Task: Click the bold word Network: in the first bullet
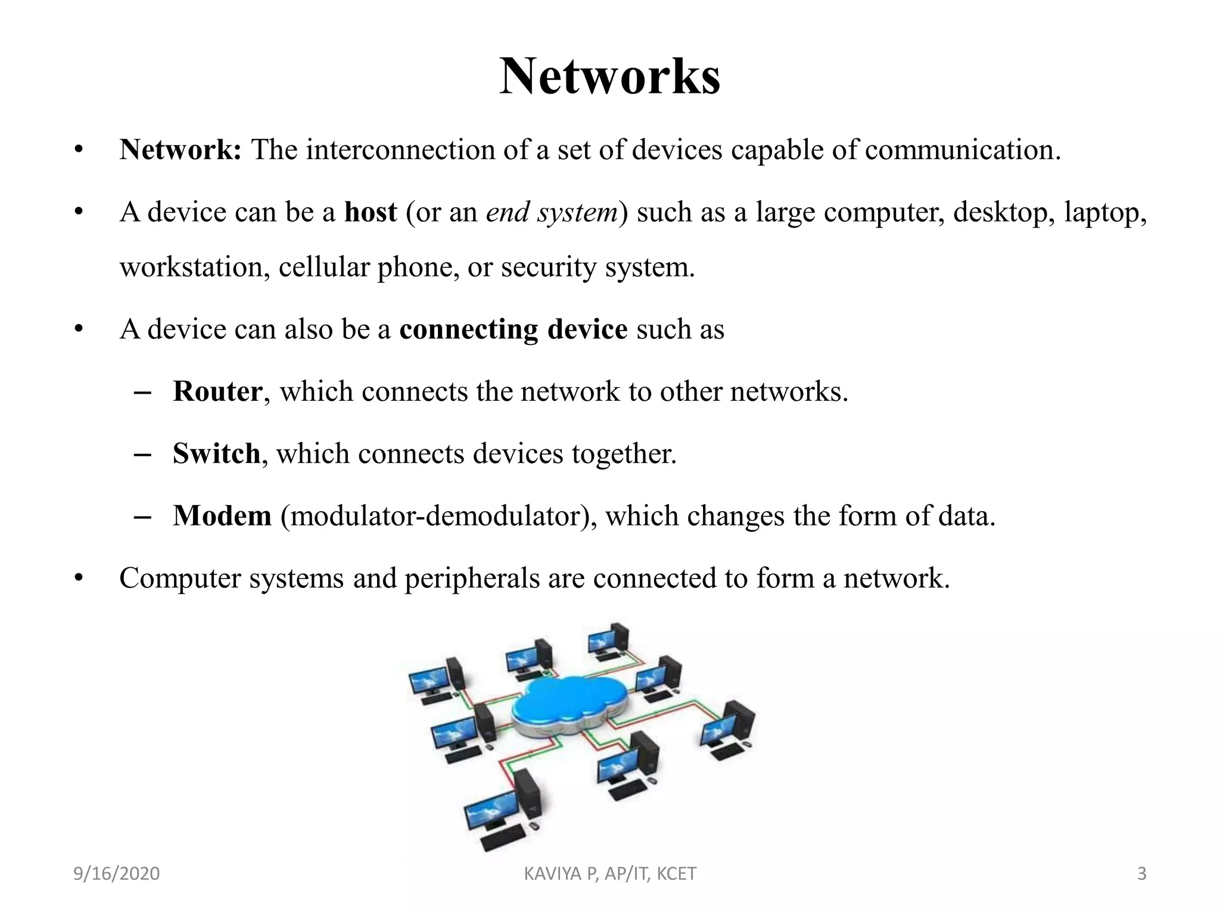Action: [x=180, y=150]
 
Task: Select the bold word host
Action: [x=371, y=212]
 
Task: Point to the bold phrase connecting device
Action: [x=513, y=329]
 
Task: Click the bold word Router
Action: [x=217, y=391]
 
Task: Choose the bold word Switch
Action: [x=216, y=454]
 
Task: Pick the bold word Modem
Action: [x=222, y=516]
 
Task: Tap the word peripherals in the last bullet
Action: [x=472, y=578]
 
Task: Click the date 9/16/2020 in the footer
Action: [x=117, y=874]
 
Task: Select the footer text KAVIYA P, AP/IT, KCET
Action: [x=610, y=874]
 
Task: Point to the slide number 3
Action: [x=1141, y=874]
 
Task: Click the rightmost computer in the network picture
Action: [x=730, y=730]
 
